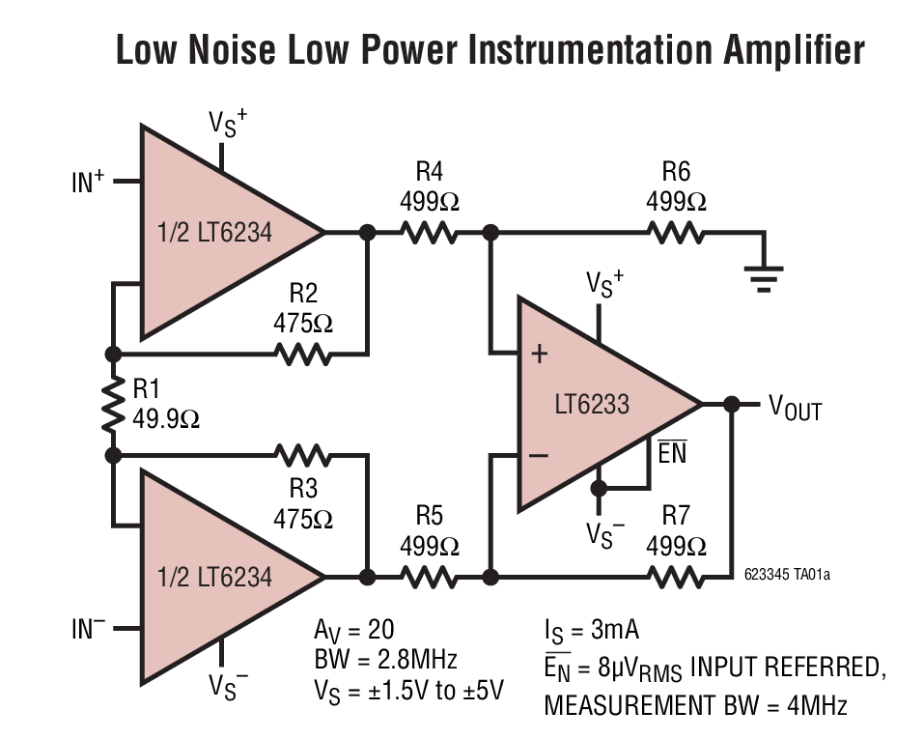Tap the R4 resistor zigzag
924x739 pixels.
pyautogui.click(x=429, y=233)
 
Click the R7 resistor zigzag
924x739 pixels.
pyautogui.click(x=676, y=578)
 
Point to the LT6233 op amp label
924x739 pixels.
pyautogui.click(x=591, y=404)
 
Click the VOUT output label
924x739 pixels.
pyautogui.click(x=795, y=408)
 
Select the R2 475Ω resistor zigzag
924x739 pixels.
pyautogui.click(x=303, y=354)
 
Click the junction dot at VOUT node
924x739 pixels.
pyautogui.click(x=732, y=404)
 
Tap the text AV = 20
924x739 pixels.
pyautogui.click(x=353, y=630)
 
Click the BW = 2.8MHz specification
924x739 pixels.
pyautogui.click(x=385, y=660)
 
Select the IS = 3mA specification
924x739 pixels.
pyautogui.click(x=591, y=631)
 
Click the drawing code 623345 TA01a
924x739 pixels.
pyautogui.click(x=787, y=575)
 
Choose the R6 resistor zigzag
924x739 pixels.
pyautogui.click(x=676, y=233)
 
